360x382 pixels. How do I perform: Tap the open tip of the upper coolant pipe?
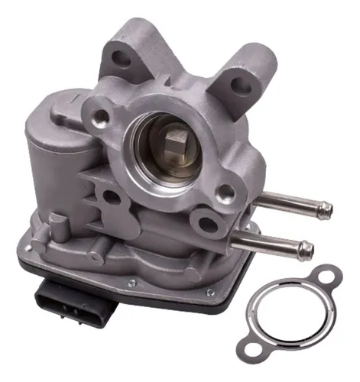(x=327, y=207)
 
